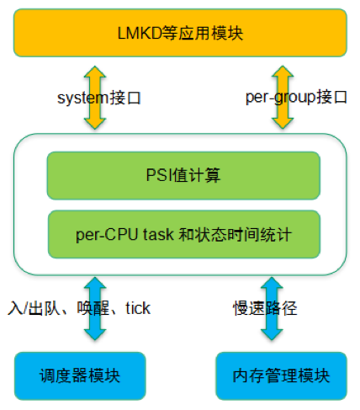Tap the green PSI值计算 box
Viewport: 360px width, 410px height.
183,175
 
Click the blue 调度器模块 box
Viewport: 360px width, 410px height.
80,375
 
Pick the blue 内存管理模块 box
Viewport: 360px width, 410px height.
282,375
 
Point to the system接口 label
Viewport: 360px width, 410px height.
98,98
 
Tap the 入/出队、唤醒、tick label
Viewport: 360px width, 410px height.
78,308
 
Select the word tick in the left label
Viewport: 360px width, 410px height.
137,308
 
